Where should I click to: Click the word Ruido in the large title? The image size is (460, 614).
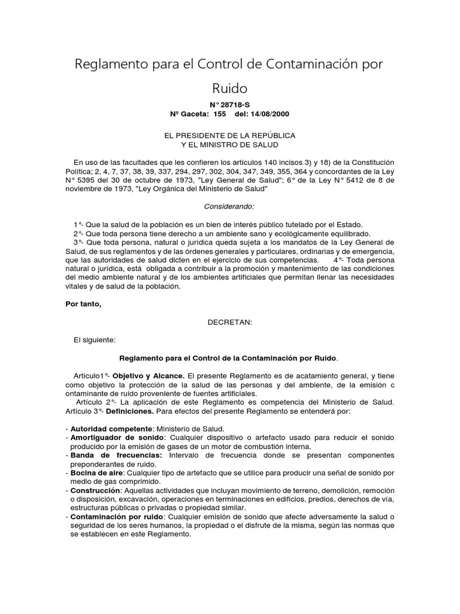(x=229, y=88)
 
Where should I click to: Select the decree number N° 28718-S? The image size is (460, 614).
(x=229, y=105)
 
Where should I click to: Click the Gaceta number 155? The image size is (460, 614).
(x=219, y=114)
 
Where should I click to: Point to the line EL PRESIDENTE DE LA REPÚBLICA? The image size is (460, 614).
(x=230, y=136)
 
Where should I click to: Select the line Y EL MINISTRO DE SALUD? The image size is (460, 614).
(x=230, y=145)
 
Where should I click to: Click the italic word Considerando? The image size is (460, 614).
(x=230, y=206)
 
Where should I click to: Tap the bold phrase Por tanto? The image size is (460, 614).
(x=83, y=303)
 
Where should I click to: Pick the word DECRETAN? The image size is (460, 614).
(x=230, y=321)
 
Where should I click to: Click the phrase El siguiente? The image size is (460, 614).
(x=94, y=339)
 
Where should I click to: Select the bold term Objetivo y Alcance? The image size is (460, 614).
(x=150, y=375)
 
